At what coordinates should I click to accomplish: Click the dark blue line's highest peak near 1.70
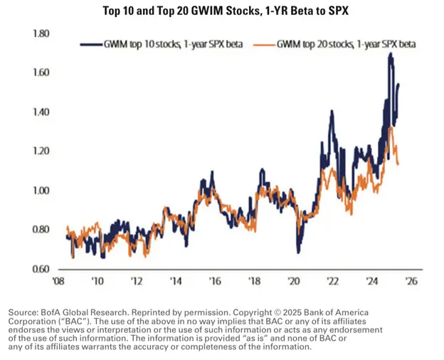(391, 54)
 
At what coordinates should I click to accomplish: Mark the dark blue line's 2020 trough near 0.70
(299, 250)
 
